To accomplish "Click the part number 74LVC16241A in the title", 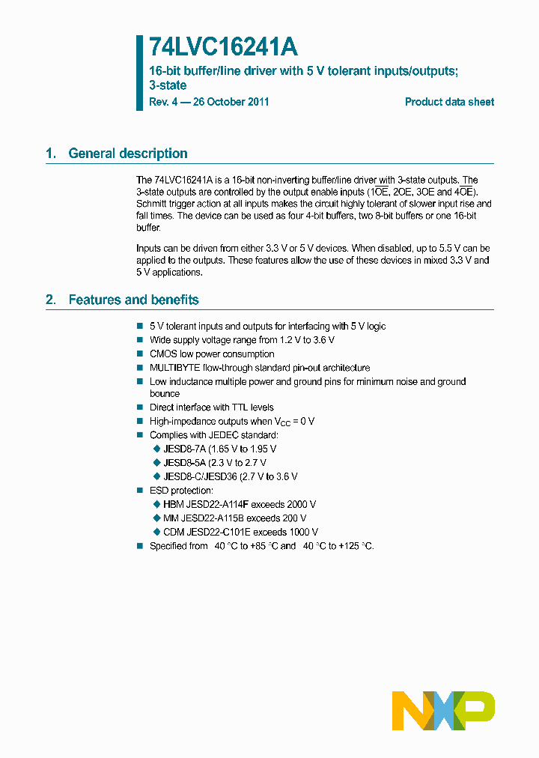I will (223, 47).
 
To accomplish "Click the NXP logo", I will (443, 711).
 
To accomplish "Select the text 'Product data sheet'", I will (449, 102).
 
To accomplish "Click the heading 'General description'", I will (128, 154).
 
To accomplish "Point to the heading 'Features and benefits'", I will (133, 300).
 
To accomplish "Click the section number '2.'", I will (50, 300).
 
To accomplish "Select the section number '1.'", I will (50, 154).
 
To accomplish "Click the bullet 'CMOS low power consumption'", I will (212, 354).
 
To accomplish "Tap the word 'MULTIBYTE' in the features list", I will (175, 368).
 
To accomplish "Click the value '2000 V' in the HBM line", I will (300, 504).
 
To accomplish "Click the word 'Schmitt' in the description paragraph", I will (152, 204).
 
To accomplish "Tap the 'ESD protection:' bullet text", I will (181, 491).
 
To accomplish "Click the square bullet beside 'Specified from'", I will (139, 546).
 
